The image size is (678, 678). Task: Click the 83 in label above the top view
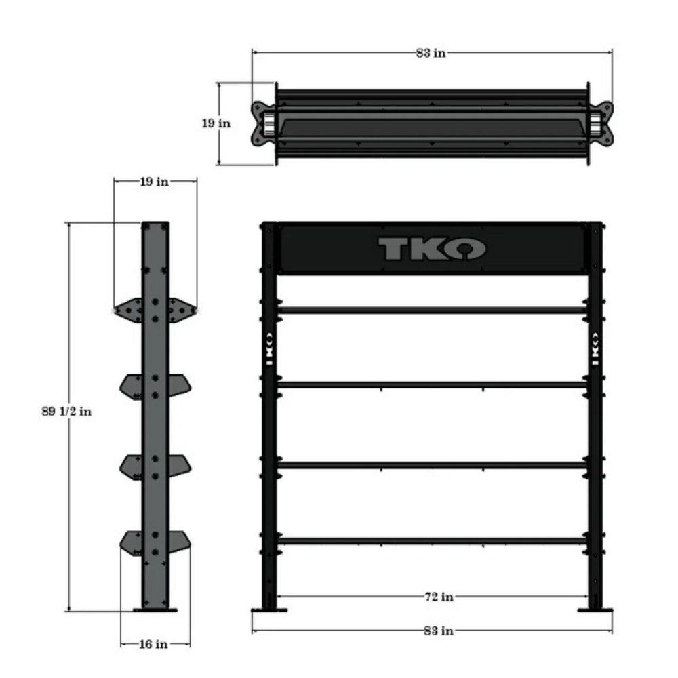click(x=431, y=54)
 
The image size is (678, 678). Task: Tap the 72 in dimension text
click(x=438, y=597)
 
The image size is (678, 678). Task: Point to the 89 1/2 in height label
click(x=67, y=412)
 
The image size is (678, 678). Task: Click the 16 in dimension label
click(x=154, y=644)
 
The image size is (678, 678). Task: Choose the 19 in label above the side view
click(x=154, y=182)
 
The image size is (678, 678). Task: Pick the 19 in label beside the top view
click(x=216, y=123)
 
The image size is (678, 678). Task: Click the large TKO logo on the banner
click(x=431, y=249)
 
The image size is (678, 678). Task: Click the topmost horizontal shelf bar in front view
click(x=432, y=310)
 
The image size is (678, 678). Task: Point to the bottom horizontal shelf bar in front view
click(x=432, y=541)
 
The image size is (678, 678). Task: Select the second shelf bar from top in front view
click(x=432, y=384)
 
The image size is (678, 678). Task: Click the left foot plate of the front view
click(x=269, y=610)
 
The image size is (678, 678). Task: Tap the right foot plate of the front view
click(x=595, y=610)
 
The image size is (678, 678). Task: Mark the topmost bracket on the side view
click(x=155, y=308)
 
